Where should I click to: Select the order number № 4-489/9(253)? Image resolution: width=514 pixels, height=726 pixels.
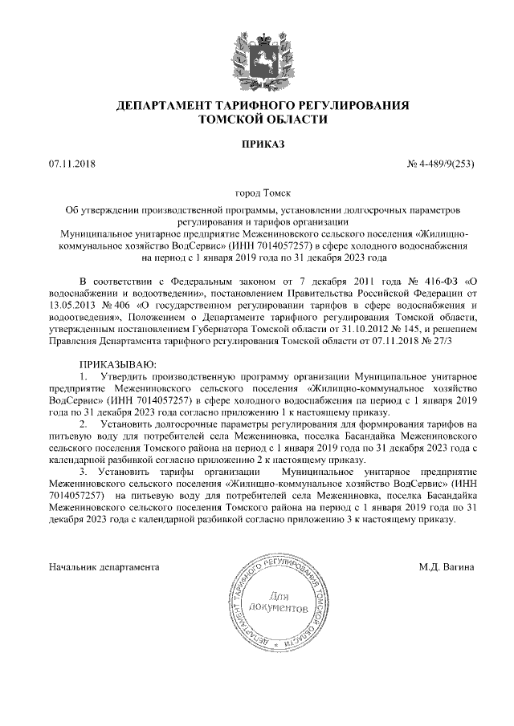click(x=442, y=164)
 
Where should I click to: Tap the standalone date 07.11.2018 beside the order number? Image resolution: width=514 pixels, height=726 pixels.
click(x=71, y=164)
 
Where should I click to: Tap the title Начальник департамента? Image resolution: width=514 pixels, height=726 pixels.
click(x=104, y=567)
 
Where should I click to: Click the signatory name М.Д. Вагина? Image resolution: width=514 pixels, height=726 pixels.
click(x=447, y=567)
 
